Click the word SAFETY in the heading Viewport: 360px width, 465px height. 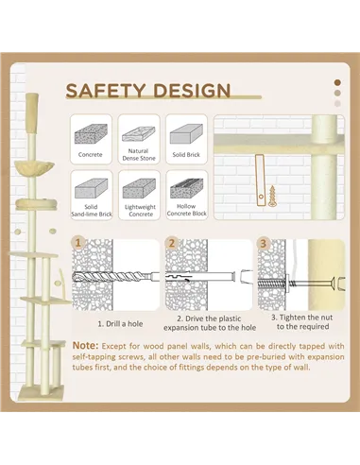click(x=105, y=91)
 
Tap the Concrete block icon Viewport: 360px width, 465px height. click(x=91, y=133)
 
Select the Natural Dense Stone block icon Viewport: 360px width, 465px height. click(x=139, y=134)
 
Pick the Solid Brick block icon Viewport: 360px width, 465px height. click(x=186, y=133)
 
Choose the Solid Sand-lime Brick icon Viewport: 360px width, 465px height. click(x=92, y=188)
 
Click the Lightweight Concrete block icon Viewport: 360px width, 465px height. click(x=139, y=188)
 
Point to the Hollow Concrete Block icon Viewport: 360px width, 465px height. click(x=187, y=188)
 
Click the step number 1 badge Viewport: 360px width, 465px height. click(x=78, y=243)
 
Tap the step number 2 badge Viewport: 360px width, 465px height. click(x=172, y=243)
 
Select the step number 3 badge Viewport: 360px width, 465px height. click(x=264, y=243)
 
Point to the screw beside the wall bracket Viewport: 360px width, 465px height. click(x=272, y=196)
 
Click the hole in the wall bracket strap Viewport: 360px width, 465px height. click(x=261, y=197)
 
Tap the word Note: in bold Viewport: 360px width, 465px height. click(x=85, y=346)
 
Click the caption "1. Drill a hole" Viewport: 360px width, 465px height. click(x=120, y=324)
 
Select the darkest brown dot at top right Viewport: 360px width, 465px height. click(x=337, y=83)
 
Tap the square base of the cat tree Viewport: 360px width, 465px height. click(x=41, y=392)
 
